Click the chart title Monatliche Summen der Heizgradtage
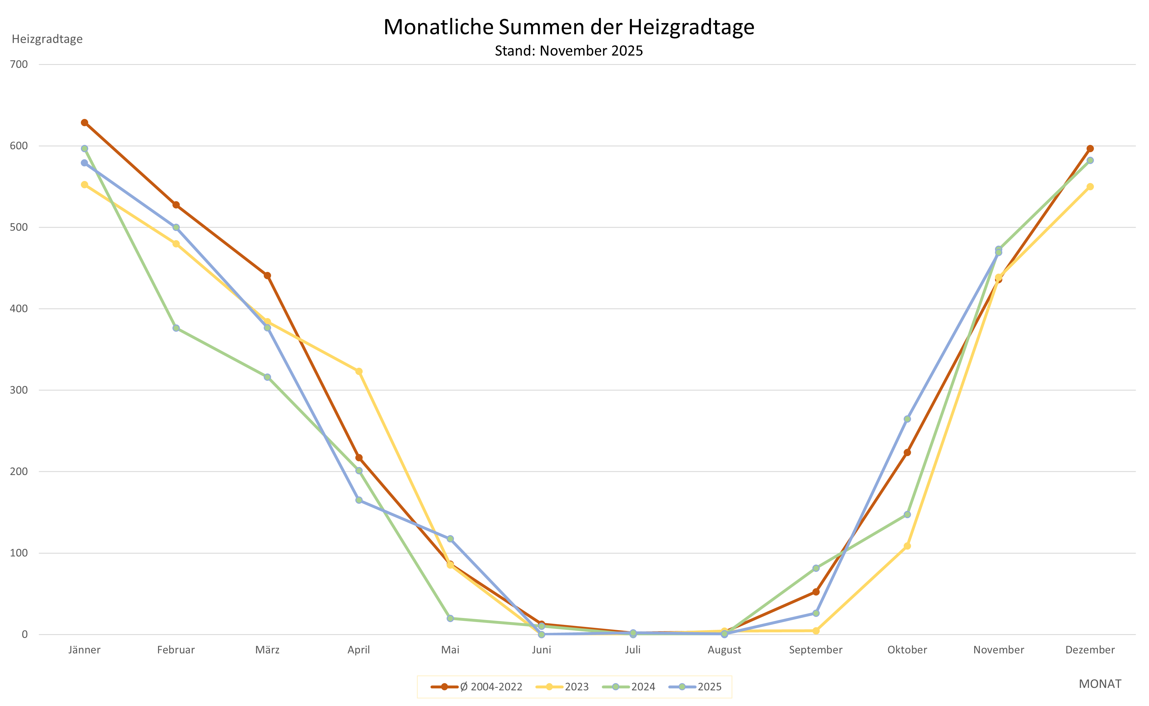click(x=569, y=27)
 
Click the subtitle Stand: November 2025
click(x=569, y=51)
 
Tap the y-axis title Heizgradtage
click(x=47, y=39)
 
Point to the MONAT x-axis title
click(x=1100, y=684)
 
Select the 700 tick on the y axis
click(x=19, y=64)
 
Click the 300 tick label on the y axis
click(x=19, y=390)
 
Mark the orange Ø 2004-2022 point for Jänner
click(x=85, y=123)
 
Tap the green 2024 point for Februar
click(x=176, y=328)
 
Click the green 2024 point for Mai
click(x=450, y=619)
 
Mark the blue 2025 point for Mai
click(x=450, y=539)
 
